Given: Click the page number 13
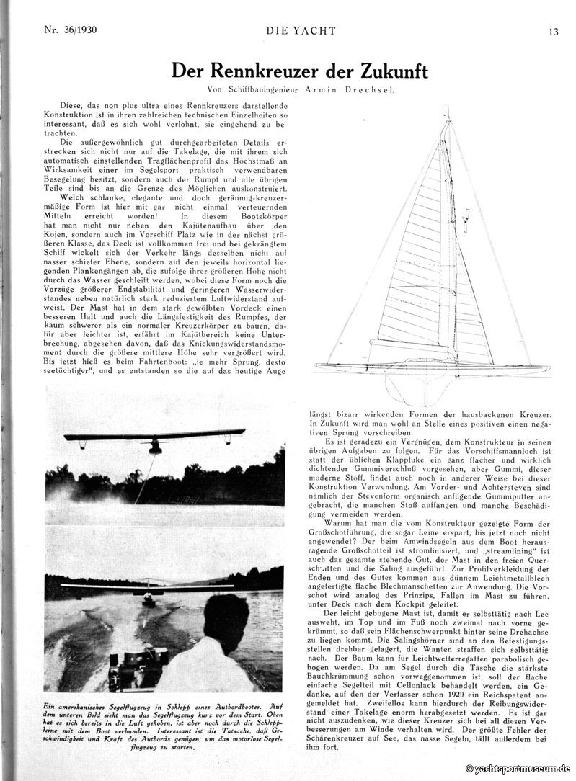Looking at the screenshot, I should [552, 31].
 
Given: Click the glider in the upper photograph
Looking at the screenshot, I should [154, 439].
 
